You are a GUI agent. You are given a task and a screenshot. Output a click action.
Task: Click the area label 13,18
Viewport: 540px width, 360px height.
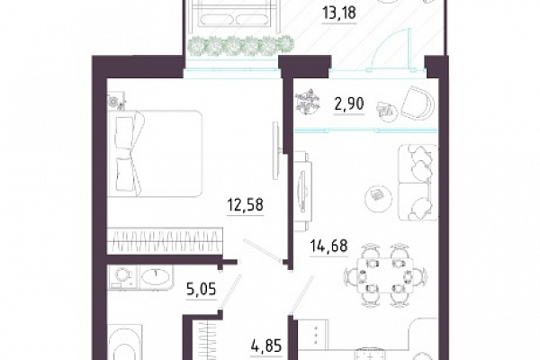339,13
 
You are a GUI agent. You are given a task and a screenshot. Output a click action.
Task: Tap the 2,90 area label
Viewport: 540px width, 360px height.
349,103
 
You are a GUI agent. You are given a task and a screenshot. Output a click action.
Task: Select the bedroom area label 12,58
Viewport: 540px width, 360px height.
246,204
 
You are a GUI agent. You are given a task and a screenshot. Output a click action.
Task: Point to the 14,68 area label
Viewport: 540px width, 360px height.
328,246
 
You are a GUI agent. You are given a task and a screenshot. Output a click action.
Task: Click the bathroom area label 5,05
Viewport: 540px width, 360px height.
202,289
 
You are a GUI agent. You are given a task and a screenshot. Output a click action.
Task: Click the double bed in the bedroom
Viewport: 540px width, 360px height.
155,154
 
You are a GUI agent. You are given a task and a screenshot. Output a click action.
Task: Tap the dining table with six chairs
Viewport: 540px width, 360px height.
385,274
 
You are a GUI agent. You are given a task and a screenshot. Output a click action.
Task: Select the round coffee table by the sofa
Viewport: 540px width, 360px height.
378,195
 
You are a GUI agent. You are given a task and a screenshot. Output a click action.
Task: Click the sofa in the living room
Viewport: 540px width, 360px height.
418,182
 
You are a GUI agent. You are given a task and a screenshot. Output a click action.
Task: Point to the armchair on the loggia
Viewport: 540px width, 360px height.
418,103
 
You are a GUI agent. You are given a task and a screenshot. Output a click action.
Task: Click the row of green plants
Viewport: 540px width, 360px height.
241,45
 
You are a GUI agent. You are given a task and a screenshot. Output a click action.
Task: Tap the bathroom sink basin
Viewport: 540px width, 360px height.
156,275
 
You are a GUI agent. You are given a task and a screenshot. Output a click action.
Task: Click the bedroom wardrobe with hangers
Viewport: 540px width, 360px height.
165,241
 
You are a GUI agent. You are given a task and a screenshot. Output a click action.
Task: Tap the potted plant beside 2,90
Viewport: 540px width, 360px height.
308,102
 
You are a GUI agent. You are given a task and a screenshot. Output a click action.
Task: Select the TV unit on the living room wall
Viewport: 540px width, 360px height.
302,191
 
